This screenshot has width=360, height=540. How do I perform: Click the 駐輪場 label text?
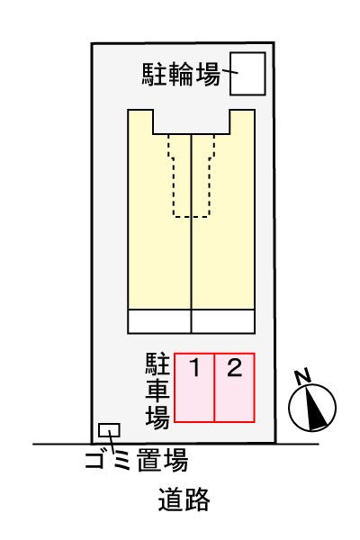(x=180, y=74)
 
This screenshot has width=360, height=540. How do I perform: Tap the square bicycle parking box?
(x=248, y=73)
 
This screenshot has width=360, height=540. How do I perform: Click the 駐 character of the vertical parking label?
(x=157, y=364)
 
